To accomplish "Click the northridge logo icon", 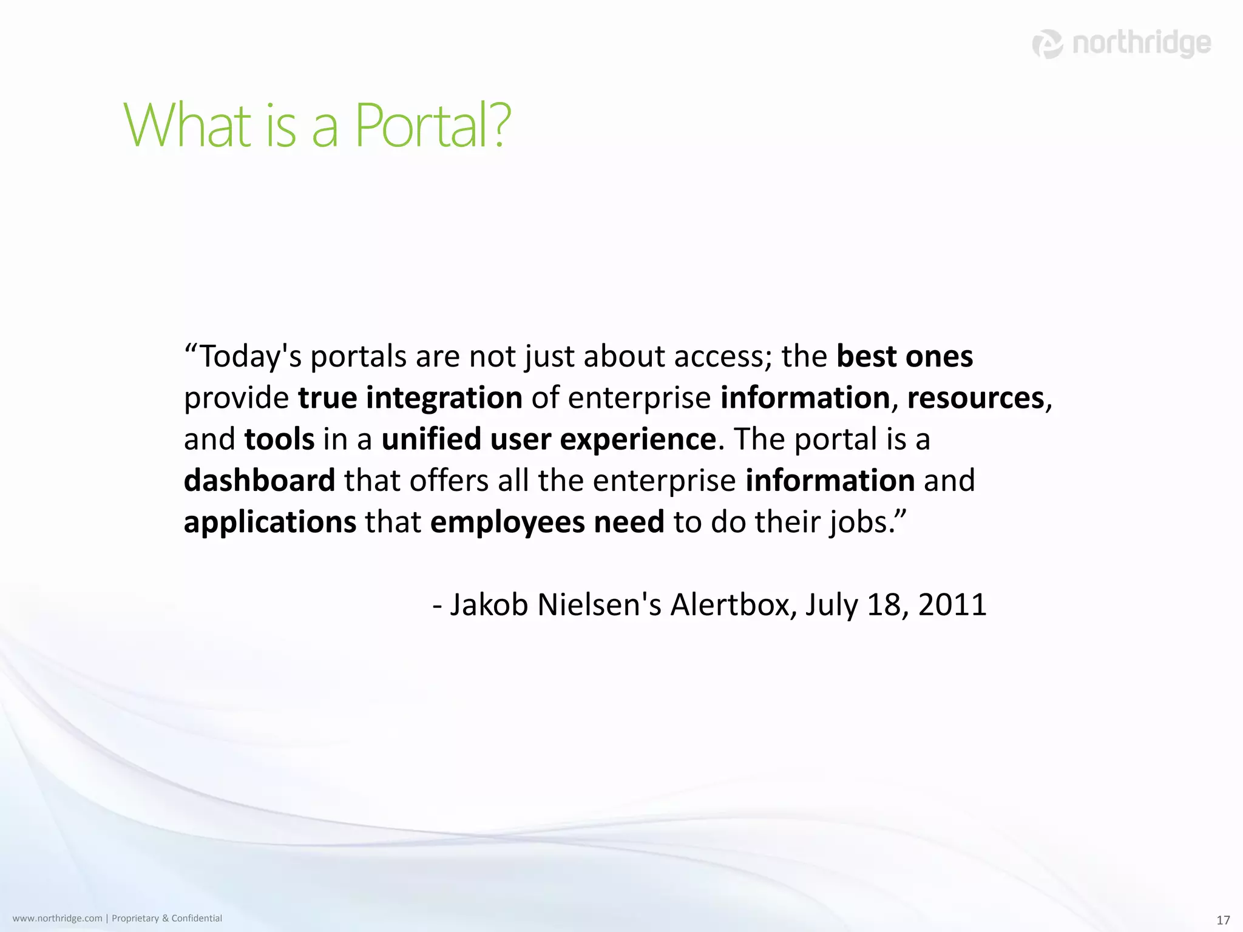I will click(x=1048, y=44).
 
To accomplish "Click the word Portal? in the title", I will click(x=432, y=126).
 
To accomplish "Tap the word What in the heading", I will click(x=187, y=126).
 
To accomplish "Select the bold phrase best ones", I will click(x=904, y=356).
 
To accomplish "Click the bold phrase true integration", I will click(x=410, y=398).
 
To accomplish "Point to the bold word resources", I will click(x=975, y=398).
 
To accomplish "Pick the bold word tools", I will click(x=279, y=439).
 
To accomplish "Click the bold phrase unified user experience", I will click(x=548, y=439).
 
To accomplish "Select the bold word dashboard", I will click(x=259, y=481).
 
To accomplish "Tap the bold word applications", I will click(x=270, y=522).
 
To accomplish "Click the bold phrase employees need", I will click(x=547, y=522).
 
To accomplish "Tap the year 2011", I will click(x=952, y=605).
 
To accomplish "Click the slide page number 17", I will click(x=1223, y=920).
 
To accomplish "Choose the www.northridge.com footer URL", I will click(x=57, y=919).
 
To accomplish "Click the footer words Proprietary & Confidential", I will click(x=167, y=919).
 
